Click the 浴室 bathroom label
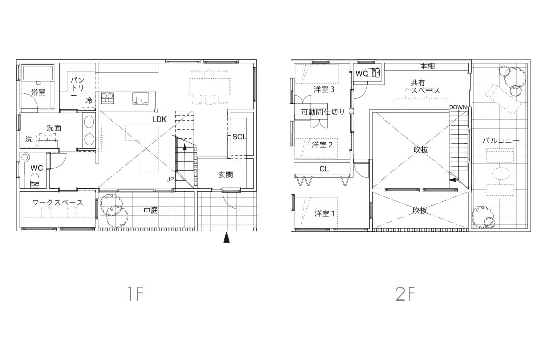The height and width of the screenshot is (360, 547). (x=38, y=93)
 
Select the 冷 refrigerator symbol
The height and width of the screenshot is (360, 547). (x=89, y=100)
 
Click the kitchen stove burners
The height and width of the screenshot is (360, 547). (x=107, y=98)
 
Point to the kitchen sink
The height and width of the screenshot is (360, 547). (x=140, y=99)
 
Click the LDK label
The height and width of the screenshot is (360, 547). (x=159, y=119)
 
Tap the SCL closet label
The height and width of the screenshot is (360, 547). (x=239, y=137)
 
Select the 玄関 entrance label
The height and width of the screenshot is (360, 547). (x=226, y=175)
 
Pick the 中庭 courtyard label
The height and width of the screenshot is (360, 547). (x=151, y=210)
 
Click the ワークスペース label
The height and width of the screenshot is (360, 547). (x=57, y=202)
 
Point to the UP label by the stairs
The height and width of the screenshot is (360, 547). (x=170, y=179)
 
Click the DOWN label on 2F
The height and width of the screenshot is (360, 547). (x=457, y=107)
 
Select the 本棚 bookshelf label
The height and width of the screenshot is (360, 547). (x=427, y=66)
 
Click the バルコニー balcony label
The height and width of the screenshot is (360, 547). (x=501, y=141)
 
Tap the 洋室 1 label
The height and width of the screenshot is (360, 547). (x=325, y=213)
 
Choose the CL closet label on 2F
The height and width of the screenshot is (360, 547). (x=324, y=169)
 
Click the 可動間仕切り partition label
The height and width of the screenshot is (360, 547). (x=323, y=112)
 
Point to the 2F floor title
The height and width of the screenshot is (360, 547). (x=405, y=294)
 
